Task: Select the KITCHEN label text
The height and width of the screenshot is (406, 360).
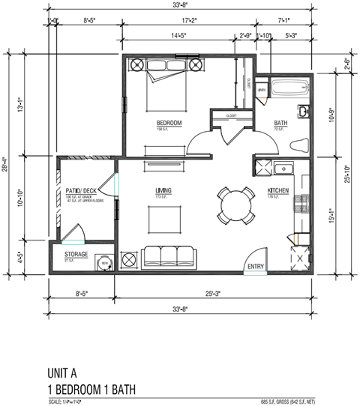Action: point(278,191)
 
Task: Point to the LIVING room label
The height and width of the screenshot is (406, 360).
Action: point(163,191)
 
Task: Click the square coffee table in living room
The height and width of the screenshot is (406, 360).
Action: point(163,220)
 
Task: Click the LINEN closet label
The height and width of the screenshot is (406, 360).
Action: point(261,90)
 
